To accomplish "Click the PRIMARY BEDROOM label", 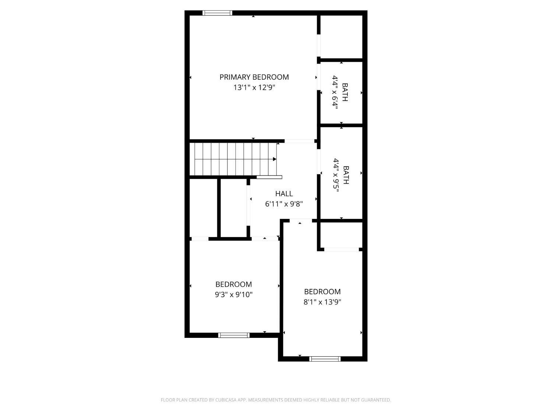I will pyautogui.click(x=254, y=77).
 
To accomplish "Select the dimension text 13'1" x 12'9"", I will pyautogui.click(x=254, y=88).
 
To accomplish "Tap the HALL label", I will pyautogui.click(x=284, y=194).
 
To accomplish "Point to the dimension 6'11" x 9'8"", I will pyautogui.click(x=284, y=204).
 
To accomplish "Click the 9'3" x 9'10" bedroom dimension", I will pyautogui.click(x=234, y=295).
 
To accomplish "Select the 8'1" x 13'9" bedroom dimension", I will pyautogui.click(x=322, y=302).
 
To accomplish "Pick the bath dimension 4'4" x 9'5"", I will pyautogui.click(x=336, y=175).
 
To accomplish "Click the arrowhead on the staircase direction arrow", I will pyautogui.click(x=275, y=159).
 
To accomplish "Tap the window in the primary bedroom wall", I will pyautogui.click(x=217, y=13).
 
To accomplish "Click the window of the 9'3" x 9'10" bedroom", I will pyautogui.click(x=234, y=335).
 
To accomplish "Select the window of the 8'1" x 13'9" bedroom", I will pyautogui.click(x=325, y=359).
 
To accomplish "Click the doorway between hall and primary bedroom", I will pyautogui.click(x=299, y=141).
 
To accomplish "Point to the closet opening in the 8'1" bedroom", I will pyautogui.click(x=342, y=250).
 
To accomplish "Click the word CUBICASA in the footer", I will pyautogui.click(x=226, y=400).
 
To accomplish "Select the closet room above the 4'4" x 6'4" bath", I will pyautogui.click(x=342, y=36).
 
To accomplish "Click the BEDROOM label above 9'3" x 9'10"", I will pyautogui.click(x=234, y=284).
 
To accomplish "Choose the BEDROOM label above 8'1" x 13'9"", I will pyautogui.click(x=322, y=291).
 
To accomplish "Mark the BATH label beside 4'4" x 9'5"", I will pyautogui.click(x=346, y=175).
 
